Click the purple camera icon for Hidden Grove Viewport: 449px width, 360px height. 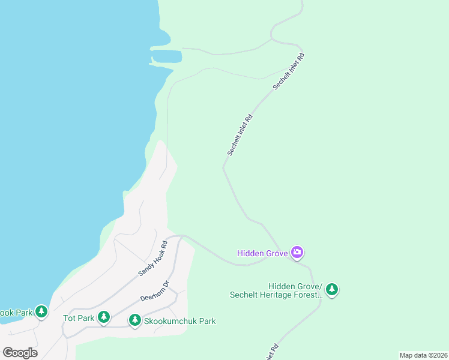[297, 253]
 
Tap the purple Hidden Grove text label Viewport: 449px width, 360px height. [263, 253]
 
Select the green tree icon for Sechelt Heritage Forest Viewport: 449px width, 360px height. [331, 290]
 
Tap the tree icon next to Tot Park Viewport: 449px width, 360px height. [104, 317]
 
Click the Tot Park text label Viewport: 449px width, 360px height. [79, 318]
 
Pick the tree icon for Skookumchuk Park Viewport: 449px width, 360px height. [135, 320]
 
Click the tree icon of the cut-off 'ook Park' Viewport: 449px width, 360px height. [41, 312]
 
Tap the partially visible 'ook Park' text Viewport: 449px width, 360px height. [16, 313]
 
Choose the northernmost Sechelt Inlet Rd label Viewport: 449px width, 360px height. [289, 72]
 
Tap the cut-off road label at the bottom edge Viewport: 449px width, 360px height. [271, 353]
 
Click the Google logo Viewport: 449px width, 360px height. [20, 353]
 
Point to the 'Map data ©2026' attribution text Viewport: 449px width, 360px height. [423, 355]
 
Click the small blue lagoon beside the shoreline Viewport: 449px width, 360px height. [166, 56]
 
